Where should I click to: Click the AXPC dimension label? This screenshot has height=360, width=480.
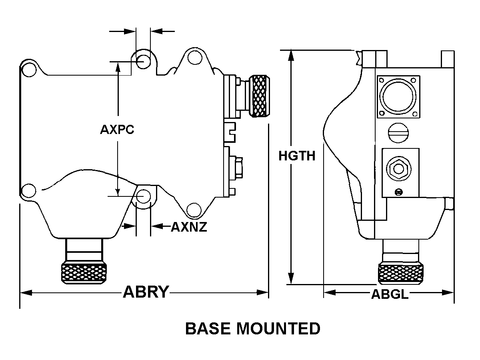(117, 129)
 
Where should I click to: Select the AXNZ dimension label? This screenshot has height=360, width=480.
(189, 227)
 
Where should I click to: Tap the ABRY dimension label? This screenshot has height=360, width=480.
(146, 292)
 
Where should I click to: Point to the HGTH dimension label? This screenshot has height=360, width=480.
(297, 156)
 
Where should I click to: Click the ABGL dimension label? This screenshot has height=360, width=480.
(390, 294)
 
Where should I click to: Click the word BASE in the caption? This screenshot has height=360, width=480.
(208, 329)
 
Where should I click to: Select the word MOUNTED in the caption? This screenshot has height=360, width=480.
(278, 329)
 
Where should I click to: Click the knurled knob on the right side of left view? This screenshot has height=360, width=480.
(259, 96)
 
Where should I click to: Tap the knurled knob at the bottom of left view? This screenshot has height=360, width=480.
(84, 273)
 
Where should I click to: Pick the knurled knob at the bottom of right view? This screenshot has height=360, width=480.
(401, 274)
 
